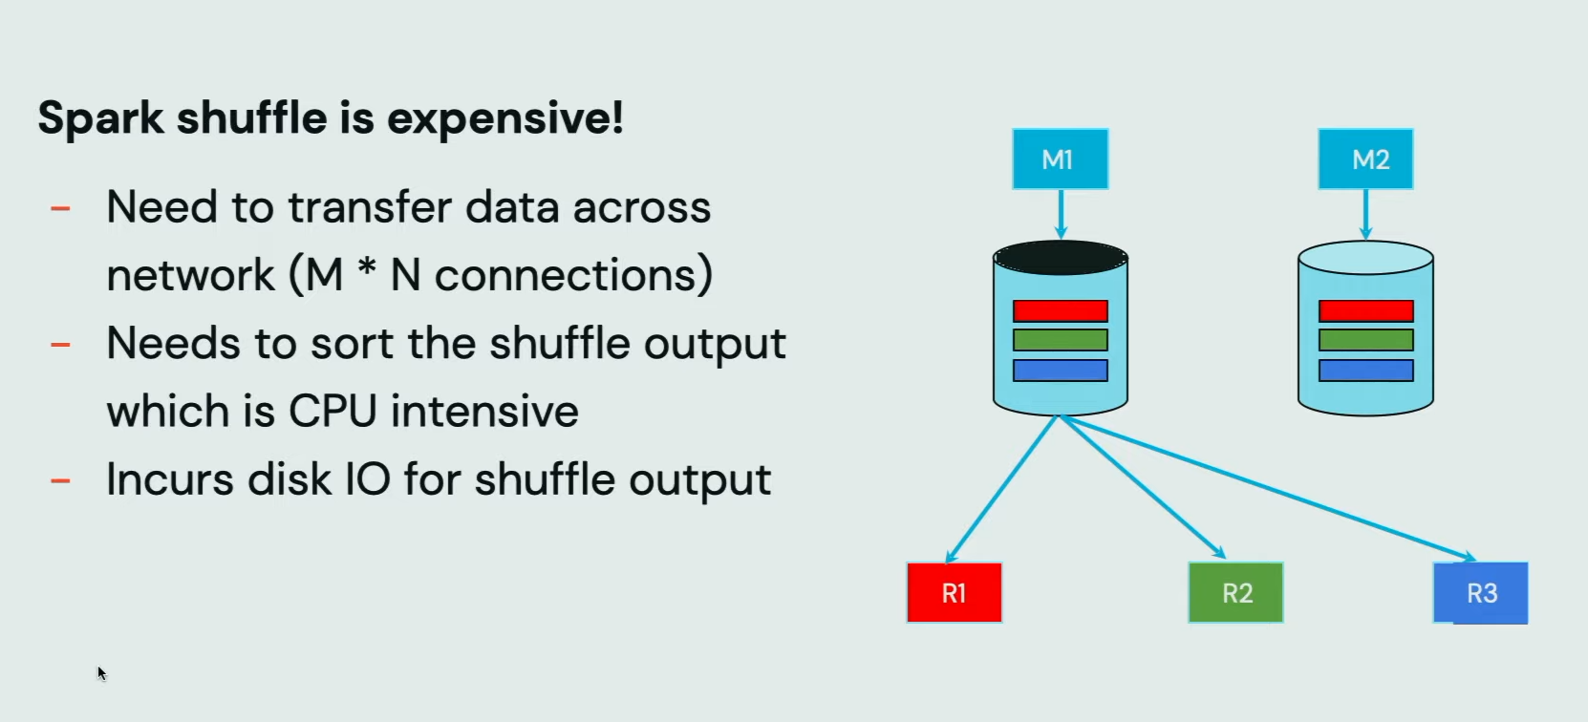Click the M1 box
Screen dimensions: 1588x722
(1060, 159)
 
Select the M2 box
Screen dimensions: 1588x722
(1365, 159)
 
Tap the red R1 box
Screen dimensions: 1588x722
(955, 592)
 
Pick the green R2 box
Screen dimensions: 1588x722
(1235, 592)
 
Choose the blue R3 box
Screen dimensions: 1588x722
(1480, 593)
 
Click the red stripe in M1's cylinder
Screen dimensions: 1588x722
(1060, 311)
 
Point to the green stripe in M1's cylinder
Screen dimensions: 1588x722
(1060, 340)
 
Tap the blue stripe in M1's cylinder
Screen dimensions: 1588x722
(1060, 370)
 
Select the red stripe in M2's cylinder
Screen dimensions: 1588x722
(1365, 311)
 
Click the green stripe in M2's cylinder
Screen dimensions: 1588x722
(1365, 340)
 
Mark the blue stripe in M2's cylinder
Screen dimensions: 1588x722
(1365, 370)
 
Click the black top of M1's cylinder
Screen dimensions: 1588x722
(1060, 257)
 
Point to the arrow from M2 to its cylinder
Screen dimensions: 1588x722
(1366, 215)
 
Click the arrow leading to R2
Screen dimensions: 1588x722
(1143, 487)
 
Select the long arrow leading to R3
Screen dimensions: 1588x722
(1268, 488)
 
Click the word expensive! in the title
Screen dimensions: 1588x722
(505, 118)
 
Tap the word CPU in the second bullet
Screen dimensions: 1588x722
(332, 411)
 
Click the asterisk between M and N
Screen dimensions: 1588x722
(366, 268)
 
